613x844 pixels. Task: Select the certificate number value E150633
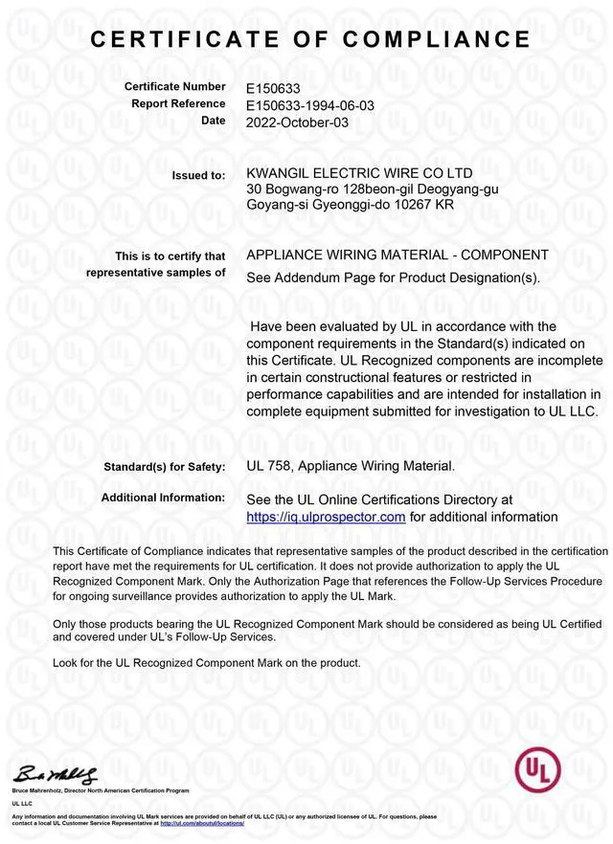(273, 88)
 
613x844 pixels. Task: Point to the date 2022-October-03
(297, 122)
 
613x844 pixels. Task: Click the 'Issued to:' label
(198, 175)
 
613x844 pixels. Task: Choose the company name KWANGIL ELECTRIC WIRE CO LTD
(359, 173)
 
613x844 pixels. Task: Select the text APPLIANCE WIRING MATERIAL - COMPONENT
(397, 255)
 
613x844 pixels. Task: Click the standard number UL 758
(268, 466)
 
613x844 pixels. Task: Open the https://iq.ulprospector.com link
(327, 517)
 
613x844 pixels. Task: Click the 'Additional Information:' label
(163, 499)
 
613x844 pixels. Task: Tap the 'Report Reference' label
(178, 104)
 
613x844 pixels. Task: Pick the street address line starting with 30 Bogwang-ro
(373, 189)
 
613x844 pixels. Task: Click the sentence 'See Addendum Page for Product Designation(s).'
(394, 278)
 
